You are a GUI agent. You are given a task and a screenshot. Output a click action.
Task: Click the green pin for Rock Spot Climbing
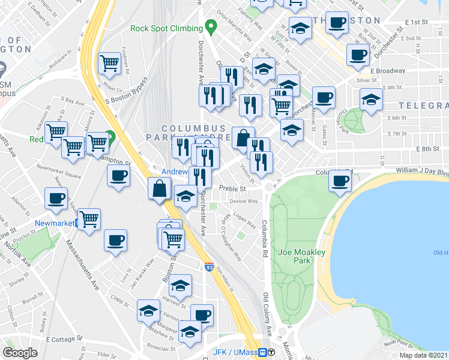[210, 26]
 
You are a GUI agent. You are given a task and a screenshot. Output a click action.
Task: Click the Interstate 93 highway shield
[209, 266]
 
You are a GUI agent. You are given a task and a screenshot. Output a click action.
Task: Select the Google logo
[20, 353]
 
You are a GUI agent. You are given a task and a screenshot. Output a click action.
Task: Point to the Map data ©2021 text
[424, 355]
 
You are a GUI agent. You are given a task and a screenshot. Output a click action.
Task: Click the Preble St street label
[233, 188]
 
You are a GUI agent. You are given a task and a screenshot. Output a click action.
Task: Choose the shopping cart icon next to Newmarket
[89, 219]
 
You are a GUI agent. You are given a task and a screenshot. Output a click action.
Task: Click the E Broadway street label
[388, 71]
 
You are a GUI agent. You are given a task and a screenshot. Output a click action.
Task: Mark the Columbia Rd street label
[264, 233]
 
